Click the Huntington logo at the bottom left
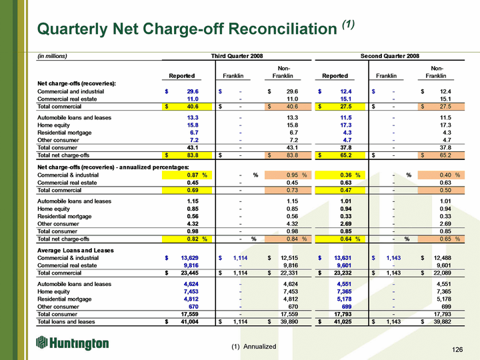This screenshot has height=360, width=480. pyautogui.click(x=72, y=343)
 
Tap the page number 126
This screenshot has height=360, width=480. pyautogui.click(x=457, y=349)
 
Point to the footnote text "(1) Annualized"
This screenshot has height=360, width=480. pyautogui.click(x=254, y=347)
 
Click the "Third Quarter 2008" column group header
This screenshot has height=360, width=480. pyautogui.click(x=237, y=56)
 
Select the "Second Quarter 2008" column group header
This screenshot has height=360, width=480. pyautogui.click(x=390, y=56)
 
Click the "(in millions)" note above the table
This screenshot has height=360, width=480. pyautogui.click(x=52, y=56)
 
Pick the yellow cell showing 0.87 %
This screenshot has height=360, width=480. pyautogui.click(x=187, y=175)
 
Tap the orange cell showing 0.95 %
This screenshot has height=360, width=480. pyautogui.click(x=288, y=175)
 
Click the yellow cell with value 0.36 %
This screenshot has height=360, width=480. pyautogui.click(x=340, y=175)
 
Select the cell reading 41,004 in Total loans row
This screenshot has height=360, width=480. pyautogui.click(x=189, y=322)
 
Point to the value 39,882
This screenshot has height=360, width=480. pyautogui.click(x=443, y=322)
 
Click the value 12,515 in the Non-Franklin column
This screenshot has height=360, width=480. pyautogui.click(x=289, y=258)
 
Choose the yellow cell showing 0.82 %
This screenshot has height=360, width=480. pyautogui.click(x=187, y=239)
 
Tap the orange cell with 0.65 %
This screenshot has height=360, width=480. pyautogui.click(x=441, y=239)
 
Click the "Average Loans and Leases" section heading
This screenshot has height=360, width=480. pyautogui.click(x=75, y=251)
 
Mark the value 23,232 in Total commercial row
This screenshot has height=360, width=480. pyautogui.click(x=343, y=273)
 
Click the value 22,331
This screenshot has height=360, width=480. pyautogui.click(x=289, y=273)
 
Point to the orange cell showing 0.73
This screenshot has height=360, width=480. pyautogui.click(x=288, y=190)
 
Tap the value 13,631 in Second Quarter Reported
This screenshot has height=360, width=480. pyautogui.click(x=343, y=258)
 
